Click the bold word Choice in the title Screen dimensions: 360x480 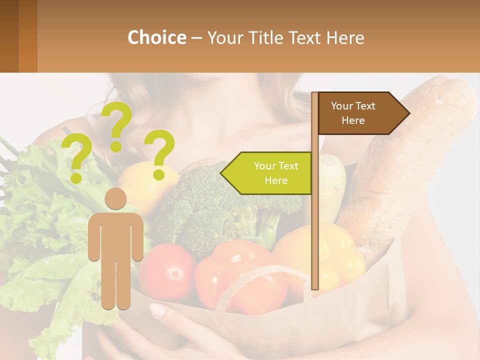point(156,37)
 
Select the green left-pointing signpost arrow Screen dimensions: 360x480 point(270,173)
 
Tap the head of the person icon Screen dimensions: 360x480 point(115,199)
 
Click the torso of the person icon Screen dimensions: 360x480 point(115,235)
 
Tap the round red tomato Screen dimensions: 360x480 point(167,272)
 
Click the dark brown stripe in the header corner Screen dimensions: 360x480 point(9,36)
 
